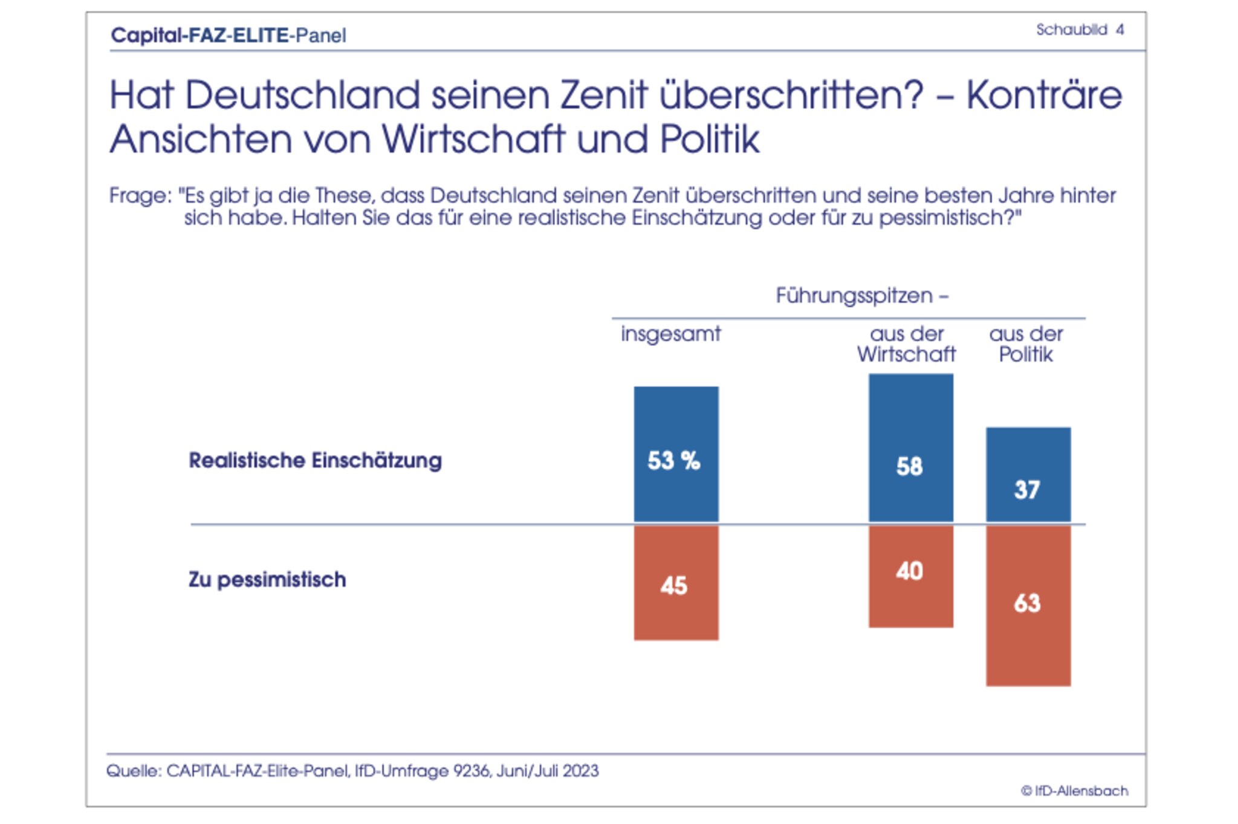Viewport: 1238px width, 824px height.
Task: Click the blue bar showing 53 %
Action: click(676, 453)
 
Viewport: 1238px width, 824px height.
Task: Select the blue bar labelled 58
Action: click(910, 447)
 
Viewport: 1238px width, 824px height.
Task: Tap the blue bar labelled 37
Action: click(1028, 475)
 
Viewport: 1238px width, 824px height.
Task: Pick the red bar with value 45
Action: click(676, 582)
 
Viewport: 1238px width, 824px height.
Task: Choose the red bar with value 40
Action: click(910, 576)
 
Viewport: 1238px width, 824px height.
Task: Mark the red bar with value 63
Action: click(1028, 605)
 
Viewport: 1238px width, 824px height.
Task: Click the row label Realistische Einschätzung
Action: click(315, 461)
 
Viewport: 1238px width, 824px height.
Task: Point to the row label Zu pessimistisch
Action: click(267, 580)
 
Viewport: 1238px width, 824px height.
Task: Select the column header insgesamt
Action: click(670, 334)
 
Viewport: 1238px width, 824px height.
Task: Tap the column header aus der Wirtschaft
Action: click(906, 344)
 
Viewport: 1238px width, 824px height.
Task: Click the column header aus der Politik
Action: click(1026, 344)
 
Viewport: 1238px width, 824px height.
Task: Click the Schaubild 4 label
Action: click(1080, 30)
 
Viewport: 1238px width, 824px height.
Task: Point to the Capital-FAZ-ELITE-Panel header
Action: click(228, 36)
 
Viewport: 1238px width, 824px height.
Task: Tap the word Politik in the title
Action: click(709, 140)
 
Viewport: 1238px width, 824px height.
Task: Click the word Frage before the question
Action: click(137, 196)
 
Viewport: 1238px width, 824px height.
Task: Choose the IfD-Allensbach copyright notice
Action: click(1074, 791)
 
